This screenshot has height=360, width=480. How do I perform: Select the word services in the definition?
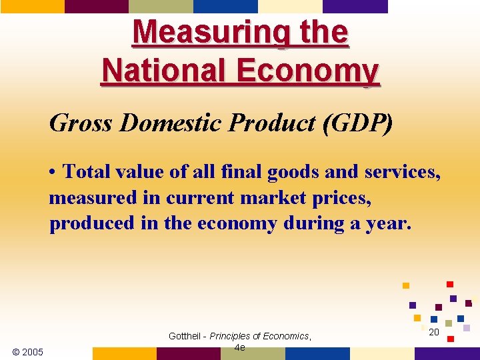[x=402, y=172]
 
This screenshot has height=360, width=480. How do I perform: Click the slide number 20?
[x=434, y=332]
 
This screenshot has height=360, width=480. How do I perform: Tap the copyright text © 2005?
[x=28, y=351]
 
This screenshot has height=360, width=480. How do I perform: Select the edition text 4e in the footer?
[x=240, y=347]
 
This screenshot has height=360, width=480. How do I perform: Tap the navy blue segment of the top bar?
[x=225, y=6]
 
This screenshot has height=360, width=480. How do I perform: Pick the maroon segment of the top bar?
[x=96, y=6]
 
